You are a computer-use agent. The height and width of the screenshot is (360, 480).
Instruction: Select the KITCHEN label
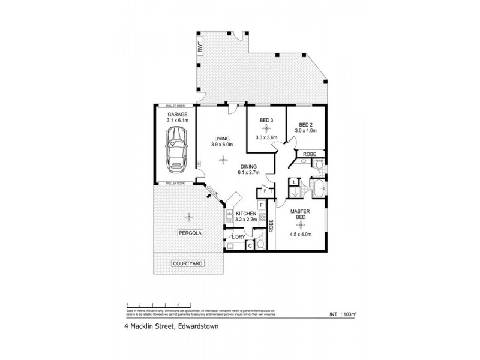[247, 214]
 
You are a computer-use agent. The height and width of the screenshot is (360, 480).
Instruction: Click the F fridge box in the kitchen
[262, 205]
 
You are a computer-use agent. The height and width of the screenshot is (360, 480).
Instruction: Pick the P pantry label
[265, 191]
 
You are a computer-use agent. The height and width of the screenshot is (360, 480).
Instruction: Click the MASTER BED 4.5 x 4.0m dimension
[300, 235]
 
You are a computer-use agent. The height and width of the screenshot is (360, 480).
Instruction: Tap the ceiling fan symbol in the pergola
[189, 217]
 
